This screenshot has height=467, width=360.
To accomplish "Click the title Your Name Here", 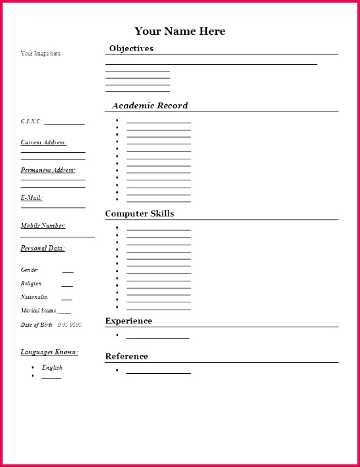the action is point(180,31).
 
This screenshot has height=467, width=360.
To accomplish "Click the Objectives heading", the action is point(131,49).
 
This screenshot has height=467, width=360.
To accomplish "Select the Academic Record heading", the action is point(150,106).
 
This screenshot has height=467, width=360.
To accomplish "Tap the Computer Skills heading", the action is point(140,214).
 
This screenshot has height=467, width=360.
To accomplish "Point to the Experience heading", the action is point(129,321).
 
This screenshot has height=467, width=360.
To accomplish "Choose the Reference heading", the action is point(127,357).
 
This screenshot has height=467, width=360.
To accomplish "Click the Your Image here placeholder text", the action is point(41,54).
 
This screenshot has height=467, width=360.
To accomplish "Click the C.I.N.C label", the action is point(30,121).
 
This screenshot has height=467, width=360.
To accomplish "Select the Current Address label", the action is point(43,142).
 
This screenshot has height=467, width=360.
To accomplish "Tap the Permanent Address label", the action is point(48,171).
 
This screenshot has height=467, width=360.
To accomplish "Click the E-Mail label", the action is point(31,197).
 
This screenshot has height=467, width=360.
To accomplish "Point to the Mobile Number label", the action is point(43,226).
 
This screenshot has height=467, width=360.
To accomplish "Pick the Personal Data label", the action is point(43,249).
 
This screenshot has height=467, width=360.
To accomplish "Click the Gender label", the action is point(30,270).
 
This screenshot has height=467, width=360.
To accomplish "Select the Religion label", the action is point(31,284).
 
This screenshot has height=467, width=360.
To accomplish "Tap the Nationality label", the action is point(34,297).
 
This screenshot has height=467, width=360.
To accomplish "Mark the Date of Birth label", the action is point(36,325).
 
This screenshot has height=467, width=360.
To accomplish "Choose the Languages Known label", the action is point(49,352).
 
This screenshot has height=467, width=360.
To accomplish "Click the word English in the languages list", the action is point(52,368).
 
